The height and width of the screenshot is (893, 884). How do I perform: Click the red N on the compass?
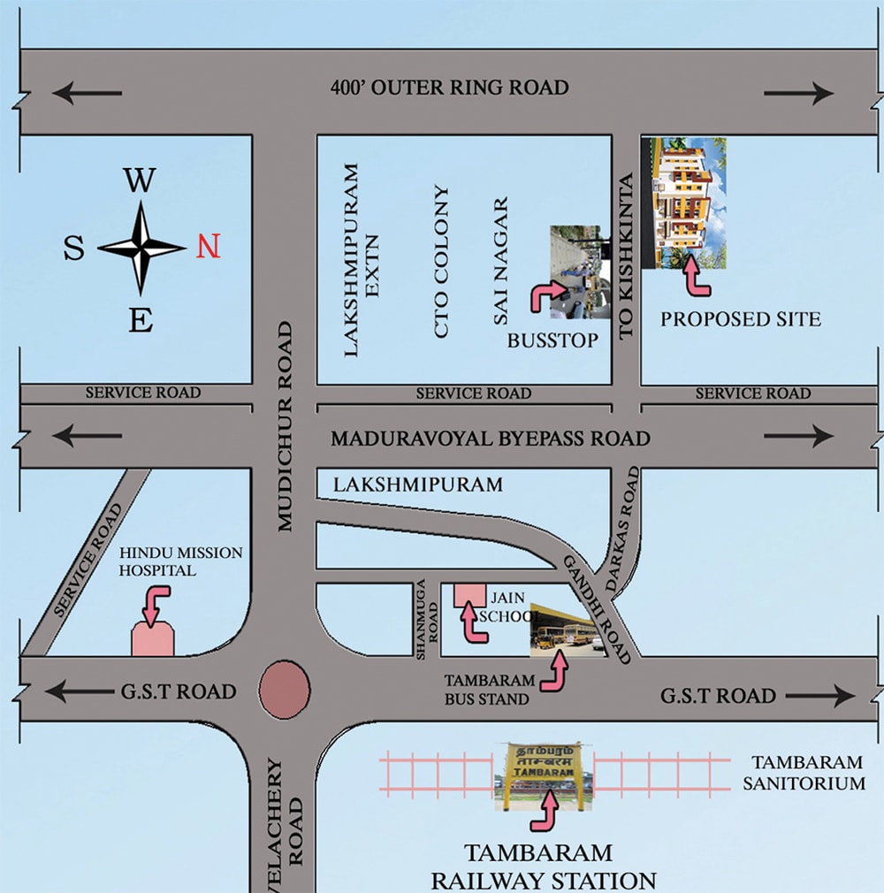[x=209, y=247]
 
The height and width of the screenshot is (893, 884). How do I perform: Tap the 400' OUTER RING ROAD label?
[x=449, y=88]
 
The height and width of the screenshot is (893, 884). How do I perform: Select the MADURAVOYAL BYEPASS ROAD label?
[x=491, y=438]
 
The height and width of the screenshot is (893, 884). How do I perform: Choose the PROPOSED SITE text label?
[x=741, y=318]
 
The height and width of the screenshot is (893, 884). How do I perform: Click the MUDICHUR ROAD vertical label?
[x=284, y=426]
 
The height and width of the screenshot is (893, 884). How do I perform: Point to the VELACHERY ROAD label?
[x=284, y=822]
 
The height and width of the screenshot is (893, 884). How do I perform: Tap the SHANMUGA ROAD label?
[x=427, y=619]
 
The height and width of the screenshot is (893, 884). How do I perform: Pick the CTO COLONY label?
[x=442, y=262]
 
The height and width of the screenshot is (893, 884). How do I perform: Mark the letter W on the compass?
[x=139, y=181]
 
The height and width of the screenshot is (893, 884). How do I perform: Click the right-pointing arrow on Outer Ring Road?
[x=799, y=92]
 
